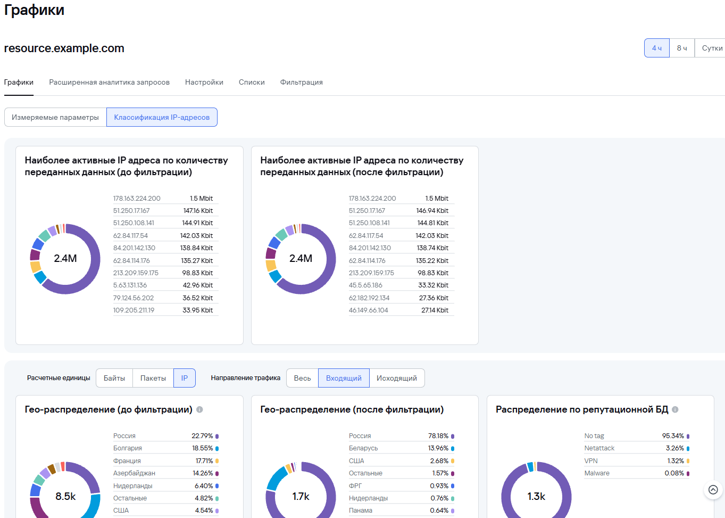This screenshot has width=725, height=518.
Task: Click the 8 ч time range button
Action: click(681, 48)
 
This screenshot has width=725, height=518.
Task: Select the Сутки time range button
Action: click(711, 48)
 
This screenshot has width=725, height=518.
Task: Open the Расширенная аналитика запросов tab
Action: click(109, 83)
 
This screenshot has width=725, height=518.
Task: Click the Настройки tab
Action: click(204, 83)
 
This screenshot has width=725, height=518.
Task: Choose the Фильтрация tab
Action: click(301, 83)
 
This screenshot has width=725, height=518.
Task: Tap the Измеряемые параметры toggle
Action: click(55, 117)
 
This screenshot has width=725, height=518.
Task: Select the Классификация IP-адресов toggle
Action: click(162, 117)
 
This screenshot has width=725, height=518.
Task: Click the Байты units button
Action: click(114, 378)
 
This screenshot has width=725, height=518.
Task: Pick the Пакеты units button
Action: click(153, 378)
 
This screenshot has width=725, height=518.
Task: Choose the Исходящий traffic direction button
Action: click(397, 378)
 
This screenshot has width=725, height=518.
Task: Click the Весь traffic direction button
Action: click(302, 378)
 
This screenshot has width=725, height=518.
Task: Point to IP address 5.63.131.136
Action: click(130, 285)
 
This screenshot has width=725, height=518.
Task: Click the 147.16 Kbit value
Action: click(198, 211)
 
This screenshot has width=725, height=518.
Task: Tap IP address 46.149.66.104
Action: click(368, 310)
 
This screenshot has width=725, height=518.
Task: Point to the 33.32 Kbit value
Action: click(433, 285)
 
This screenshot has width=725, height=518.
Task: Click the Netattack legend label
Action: click(599, 448)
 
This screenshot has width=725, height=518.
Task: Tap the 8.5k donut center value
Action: click(65, 496)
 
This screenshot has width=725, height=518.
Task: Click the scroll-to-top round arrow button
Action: click(713, 490)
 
